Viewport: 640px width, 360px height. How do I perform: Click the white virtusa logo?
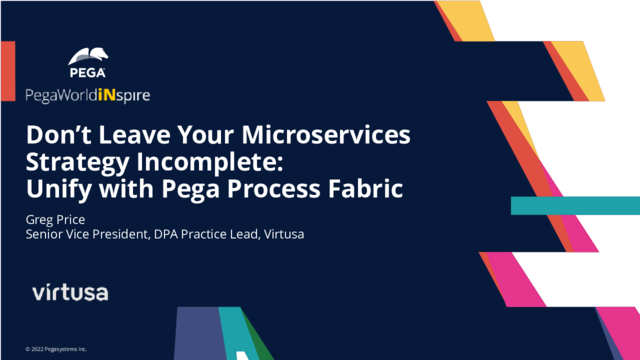(x=70, y=292)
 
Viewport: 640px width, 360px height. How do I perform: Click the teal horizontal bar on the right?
(x=574, y=205)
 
